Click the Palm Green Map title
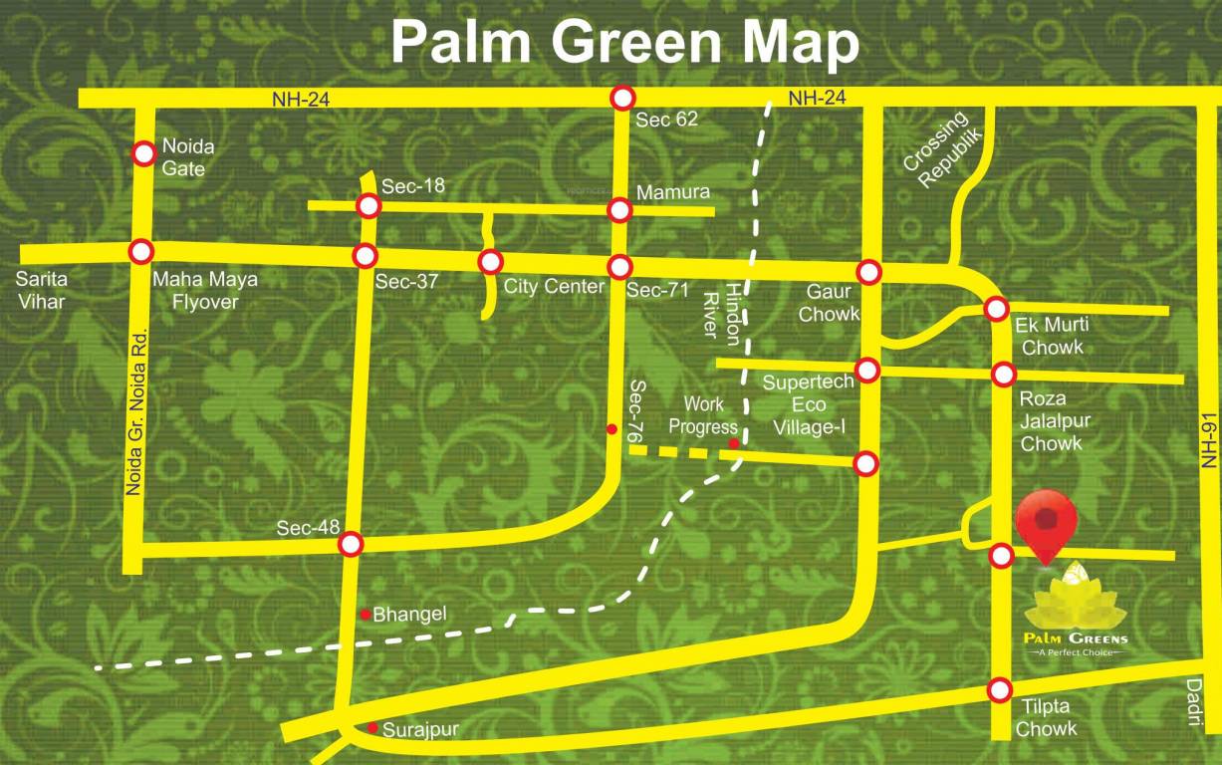point(624,43)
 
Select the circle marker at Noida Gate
point(144,153)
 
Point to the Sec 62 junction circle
point(623,98)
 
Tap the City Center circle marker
point(490,262)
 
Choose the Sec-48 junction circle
point(351,544)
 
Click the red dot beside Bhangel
point(366,614)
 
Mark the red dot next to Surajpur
point(372,728)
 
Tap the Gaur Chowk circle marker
point(869,272)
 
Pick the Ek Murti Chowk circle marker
point(996,309)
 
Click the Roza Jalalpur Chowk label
point(1055,420)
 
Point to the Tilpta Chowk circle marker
point(1000,689)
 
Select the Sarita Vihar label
point(41,289)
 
